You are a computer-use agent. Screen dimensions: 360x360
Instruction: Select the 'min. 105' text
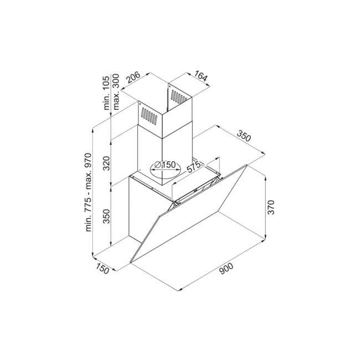(107, 92)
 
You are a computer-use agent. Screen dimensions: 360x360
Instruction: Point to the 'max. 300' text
(116, 91)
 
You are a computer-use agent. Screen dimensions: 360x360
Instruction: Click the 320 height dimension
(106, 163)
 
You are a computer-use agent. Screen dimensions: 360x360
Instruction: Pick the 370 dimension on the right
(271, 207)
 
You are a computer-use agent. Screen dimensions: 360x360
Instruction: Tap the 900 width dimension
(226, 269)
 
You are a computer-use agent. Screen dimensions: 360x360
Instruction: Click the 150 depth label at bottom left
(102, 269)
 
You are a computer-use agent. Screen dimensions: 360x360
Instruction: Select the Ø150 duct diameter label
(165, 164)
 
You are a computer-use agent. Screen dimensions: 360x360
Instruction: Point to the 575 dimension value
(194, 167)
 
